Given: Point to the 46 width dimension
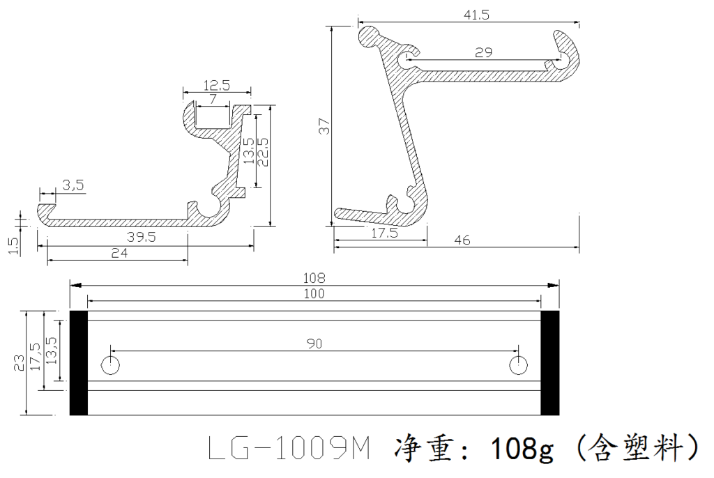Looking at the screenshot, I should point(461,240).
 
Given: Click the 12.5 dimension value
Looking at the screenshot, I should point(217,85).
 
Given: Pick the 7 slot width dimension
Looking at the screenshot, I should point(213,100).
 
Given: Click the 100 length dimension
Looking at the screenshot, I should point(314,294).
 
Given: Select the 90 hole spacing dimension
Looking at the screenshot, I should point(314,344).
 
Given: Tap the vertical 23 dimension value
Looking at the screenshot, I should point(19,362).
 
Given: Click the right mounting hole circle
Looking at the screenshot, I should point(517,364).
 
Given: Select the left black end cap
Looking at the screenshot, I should point(78,363).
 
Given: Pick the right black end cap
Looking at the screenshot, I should point(550,363).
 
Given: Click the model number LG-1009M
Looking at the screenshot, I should point(289,449).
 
